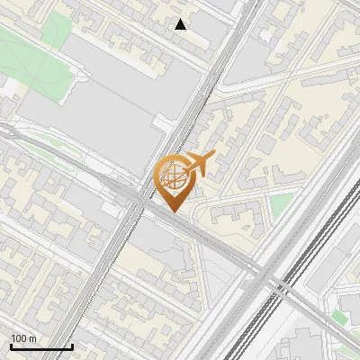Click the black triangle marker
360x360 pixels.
click(x=181, y=24)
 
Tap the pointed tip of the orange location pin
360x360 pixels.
click(x=172, y=211)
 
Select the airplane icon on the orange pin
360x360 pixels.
click(x=196, y=165)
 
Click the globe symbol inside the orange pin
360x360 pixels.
click(x=171, y=178)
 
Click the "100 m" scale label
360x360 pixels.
click(x=23, y=338)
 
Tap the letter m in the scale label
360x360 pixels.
click(x=32, y=338)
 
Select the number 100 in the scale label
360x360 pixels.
click(x=19, y=338)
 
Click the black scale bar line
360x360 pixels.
click(x=41, y=346)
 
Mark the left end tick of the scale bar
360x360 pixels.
click(x=11, y=345)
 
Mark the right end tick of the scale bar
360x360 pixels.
click(x=72, y=345)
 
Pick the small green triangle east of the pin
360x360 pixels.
click(x=282, y=203)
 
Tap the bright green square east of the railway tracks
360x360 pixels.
click(x=339, y=316)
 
